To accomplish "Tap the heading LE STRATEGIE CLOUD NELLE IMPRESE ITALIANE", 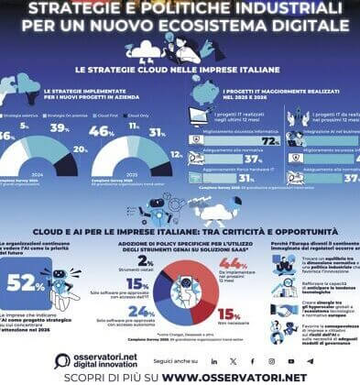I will (x=180, y=70).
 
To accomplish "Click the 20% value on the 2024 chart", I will (x=80, y=148).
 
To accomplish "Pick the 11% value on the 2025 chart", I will (x=135, y=130).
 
